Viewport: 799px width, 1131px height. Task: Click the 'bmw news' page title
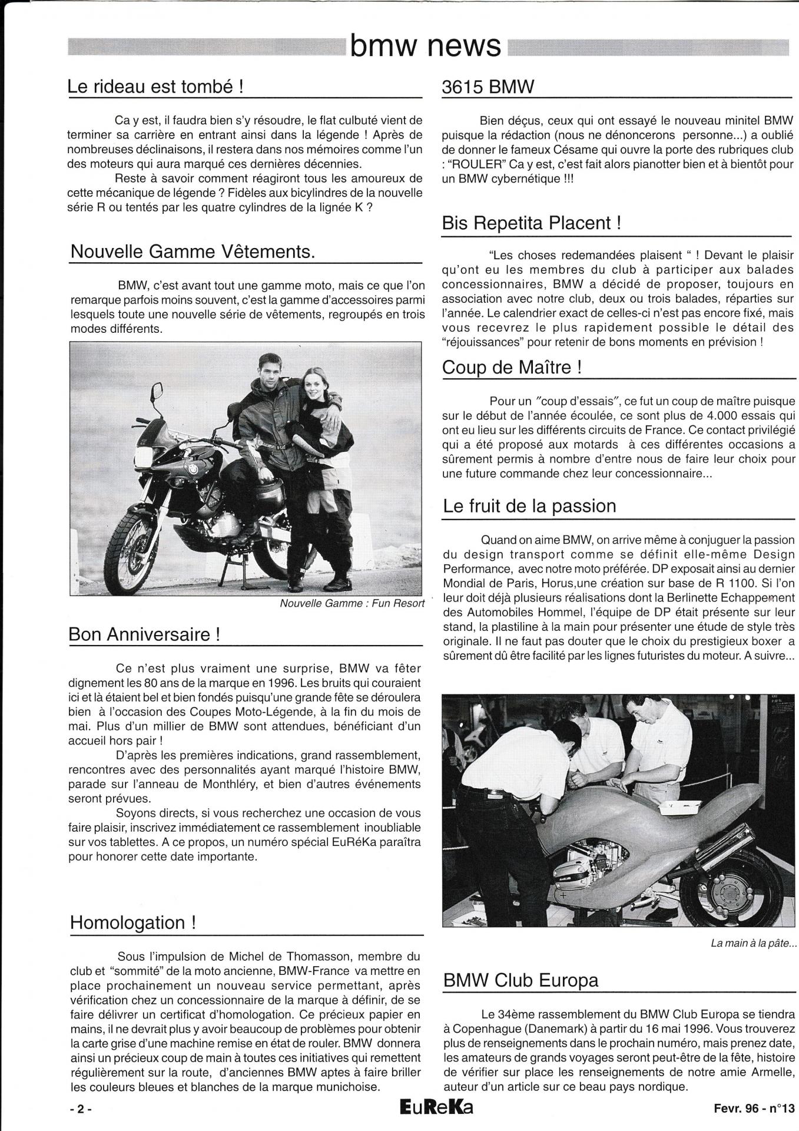pyautogui.click(x=426, y=45)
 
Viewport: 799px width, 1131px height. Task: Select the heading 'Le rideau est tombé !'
pyautogui.click(x=155, y=87)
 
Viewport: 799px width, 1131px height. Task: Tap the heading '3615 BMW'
pyautogui.click(x=488, y=87)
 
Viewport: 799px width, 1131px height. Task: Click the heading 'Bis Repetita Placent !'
pyautogui.click(x=531, y=223)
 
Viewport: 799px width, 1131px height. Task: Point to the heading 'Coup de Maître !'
pyautogui.click(x=512, y=368)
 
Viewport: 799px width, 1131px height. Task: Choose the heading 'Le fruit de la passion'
pyautogui.click(x=529, y=505)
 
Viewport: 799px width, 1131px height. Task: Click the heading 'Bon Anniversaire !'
pyautogui.click(x=145, y=634)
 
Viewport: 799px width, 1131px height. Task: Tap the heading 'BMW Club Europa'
pyautogui.click(x=520, y=980)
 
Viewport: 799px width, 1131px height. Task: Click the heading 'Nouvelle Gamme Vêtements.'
pyautogui.click(x=193, y=252)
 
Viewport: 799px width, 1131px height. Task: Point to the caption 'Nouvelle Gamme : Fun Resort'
pyautogui.click(x=352, y=604)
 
